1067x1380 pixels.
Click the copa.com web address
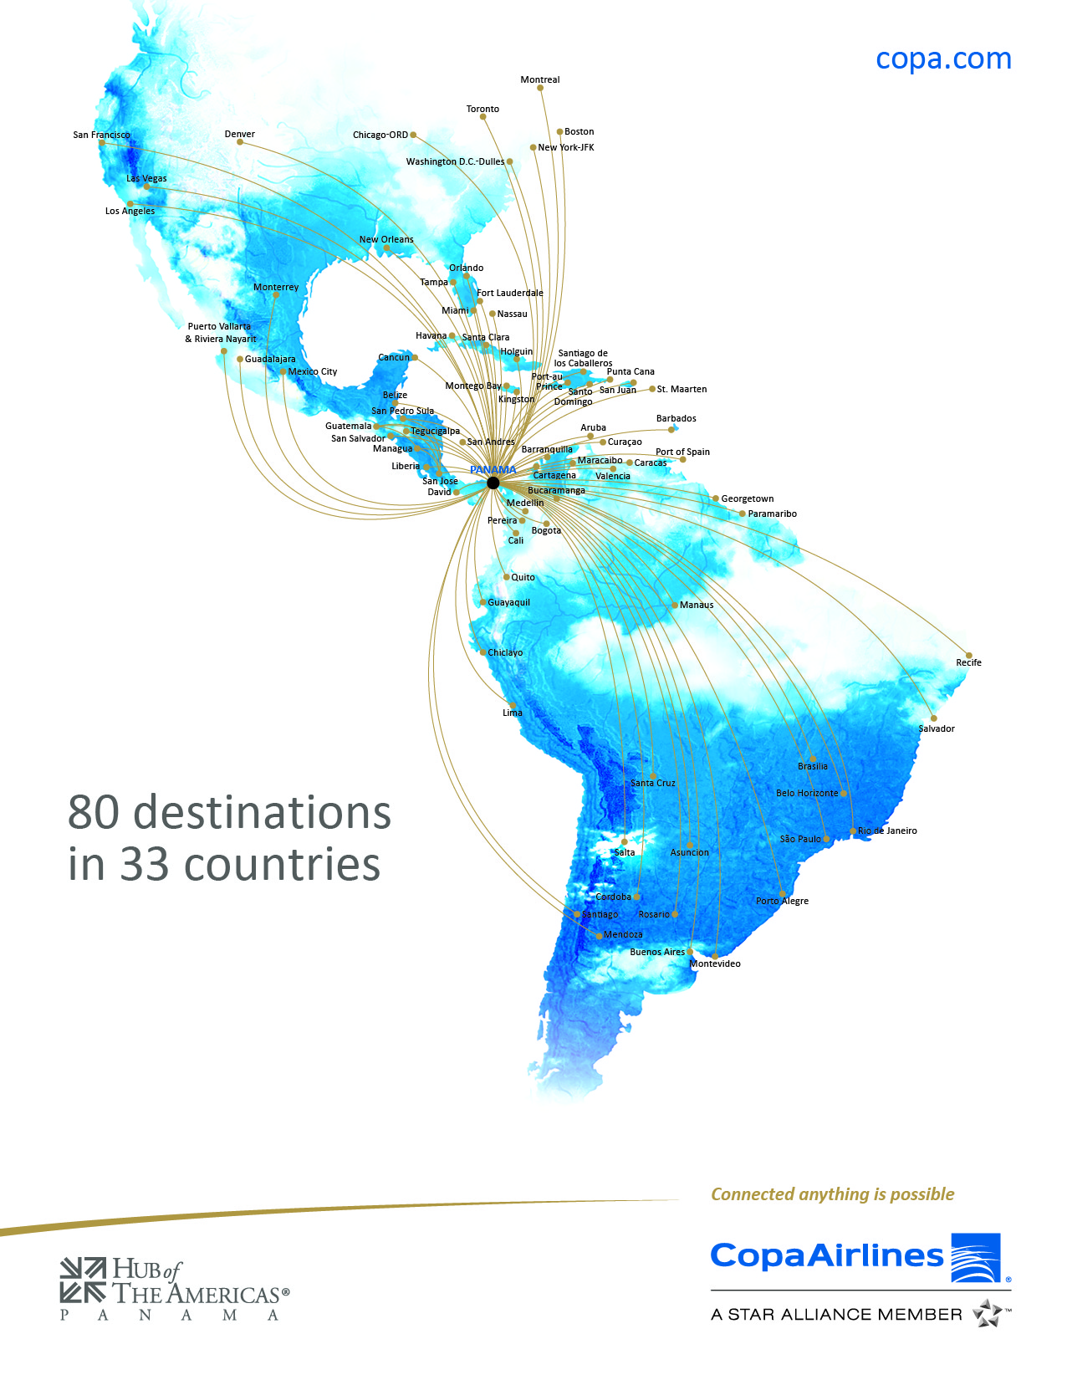[x=943, y=59]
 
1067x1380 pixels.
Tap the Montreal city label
[x=539, y=80]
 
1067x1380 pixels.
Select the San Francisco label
[x=101, y=135]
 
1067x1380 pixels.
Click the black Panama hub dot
[x=493, y=483]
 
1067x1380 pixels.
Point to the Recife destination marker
[x=969, y=655]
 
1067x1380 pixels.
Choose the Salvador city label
[x=937, y=728]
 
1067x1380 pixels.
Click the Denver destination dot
[x=240, y=142]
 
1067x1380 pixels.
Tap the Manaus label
[x=697, y=605]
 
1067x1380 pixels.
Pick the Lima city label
[x=512, y=713]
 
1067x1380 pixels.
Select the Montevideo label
[x=715, y=963]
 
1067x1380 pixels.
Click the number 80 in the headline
[x=94, y=812]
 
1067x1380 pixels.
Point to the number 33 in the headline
[x=144, y=864]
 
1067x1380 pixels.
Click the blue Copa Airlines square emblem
[x=976, y=1257]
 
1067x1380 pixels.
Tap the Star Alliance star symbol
[x=988, y=1313]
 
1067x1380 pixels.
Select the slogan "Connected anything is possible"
[x=832, y=1194]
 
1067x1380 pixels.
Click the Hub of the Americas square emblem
[x=83, y=1280]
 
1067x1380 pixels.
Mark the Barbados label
[x=676, y=418]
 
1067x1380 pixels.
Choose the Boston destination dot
[x=559, y=131]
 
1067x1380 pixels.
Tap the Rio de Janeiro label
[x=887, y=831]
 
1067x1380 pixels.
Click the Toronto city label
[x=482, y=109]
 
